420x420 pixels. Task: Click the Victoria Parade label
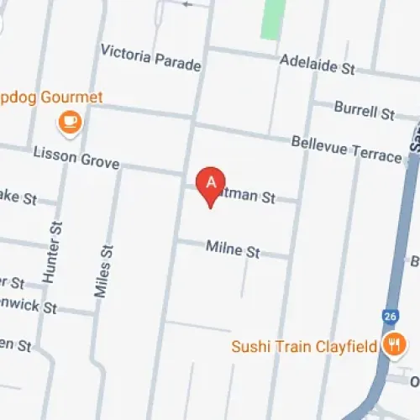coord(150,57)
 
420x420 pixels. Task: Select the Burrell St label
coord(364,109)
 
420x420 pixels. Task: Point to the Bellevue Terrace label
coord(346,149)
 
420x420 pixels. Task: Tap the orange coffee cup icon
coord(69,123)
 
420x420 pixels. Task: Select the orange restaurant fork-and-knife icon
coord(391,344)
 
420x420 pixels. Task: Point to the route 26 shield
coord(388,316)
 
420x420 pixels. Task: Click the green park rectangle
coord(270,18)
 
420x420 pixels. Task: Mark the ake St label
coord(18,199)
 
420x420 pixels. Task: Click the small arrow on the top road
coord(186,3)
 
